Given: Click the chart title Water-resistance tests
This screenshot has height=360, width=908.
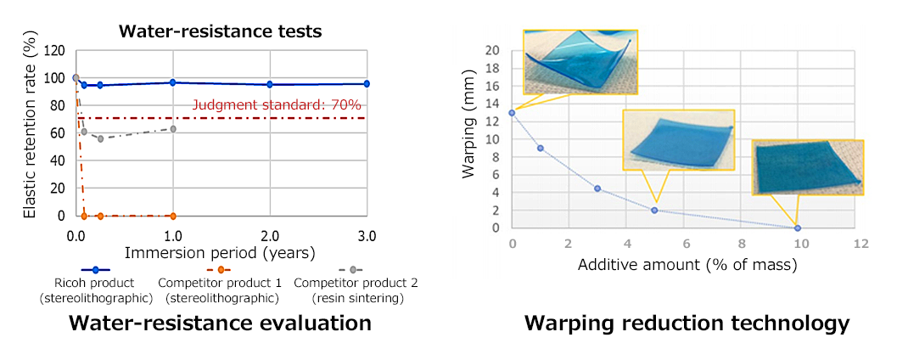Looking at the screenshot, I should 220,32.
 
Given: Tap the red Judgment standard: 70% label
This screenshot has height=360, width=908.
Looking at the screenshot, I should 277,104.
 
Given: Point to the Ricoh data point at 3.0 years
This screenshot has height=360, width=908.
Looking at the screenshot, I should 367,83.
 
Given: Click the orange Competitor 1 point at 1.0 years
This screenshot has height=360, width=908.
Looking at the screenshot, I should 173,216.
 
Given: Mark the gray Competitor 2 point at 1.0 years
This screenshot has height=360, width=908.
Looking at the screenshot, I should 173,129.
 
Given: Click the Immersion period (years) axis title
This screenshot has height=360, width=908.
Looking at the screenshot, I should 220,253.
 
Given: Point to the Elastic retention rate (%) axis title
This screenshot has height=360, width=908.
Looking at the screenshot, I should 28,133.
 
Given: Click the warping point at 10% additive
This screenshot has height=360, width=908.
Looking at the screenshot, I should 797,228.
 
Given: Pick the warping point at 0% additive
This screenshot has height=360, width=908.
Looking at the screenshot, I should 512,112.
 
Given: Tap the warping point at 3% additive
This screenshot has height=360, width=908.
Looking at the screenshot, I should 597,188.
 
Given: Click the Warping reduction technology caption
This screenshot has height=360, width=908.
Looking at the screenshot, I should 686,323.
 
